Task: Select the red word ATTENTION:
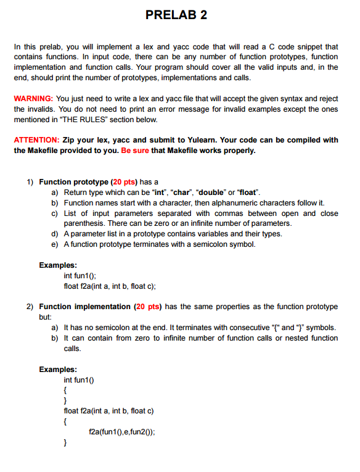pos(36,140)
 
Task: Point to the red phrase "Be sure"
pos(136,150)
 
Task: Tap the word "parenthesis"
pos(86,223)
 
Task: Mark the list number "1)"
pos(30,183)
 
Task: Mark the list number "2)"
pos(30,307)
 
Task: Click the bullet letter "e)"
pos(55,244)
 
